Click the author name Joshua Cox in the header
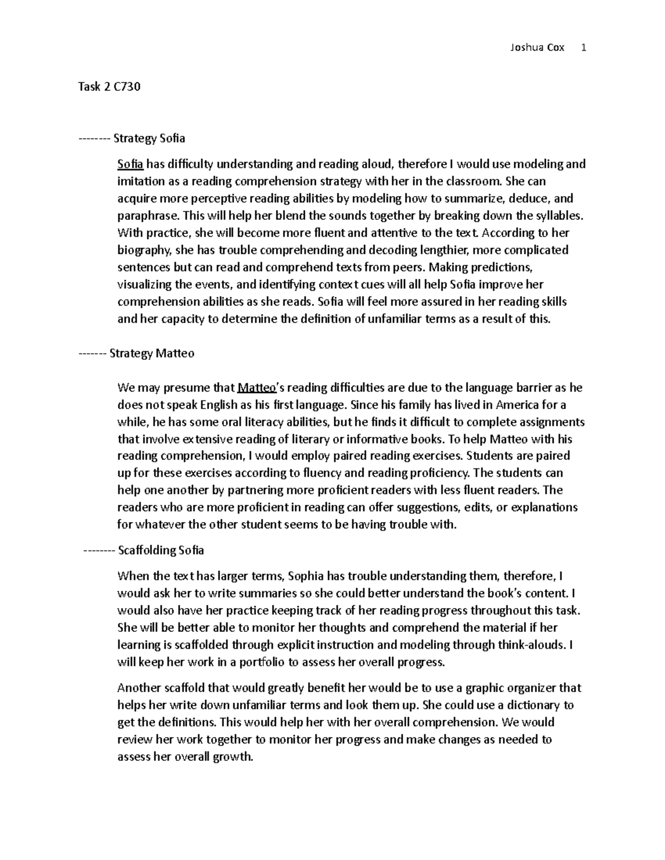pyautogui.click(x=536, y=48)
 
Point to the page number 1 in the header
pyautogui.click(x=584, y=48)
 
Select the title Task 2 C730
pyautogui.click(x=110, y=87)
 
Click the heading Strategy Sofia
pyautogui.click(x=149, y=138)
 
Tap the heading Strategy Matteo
pyautogui.click(x=152, y=353)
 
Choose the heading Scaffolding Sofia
pyautogui.click(x=161, y=550)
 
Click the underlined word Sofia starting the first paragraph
pyautogui.click(x=130, y=164)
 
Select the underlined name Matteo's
pyautogui.click(x=260, y=388)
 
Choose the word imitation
pyautogui.click(x=141, y=181)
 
